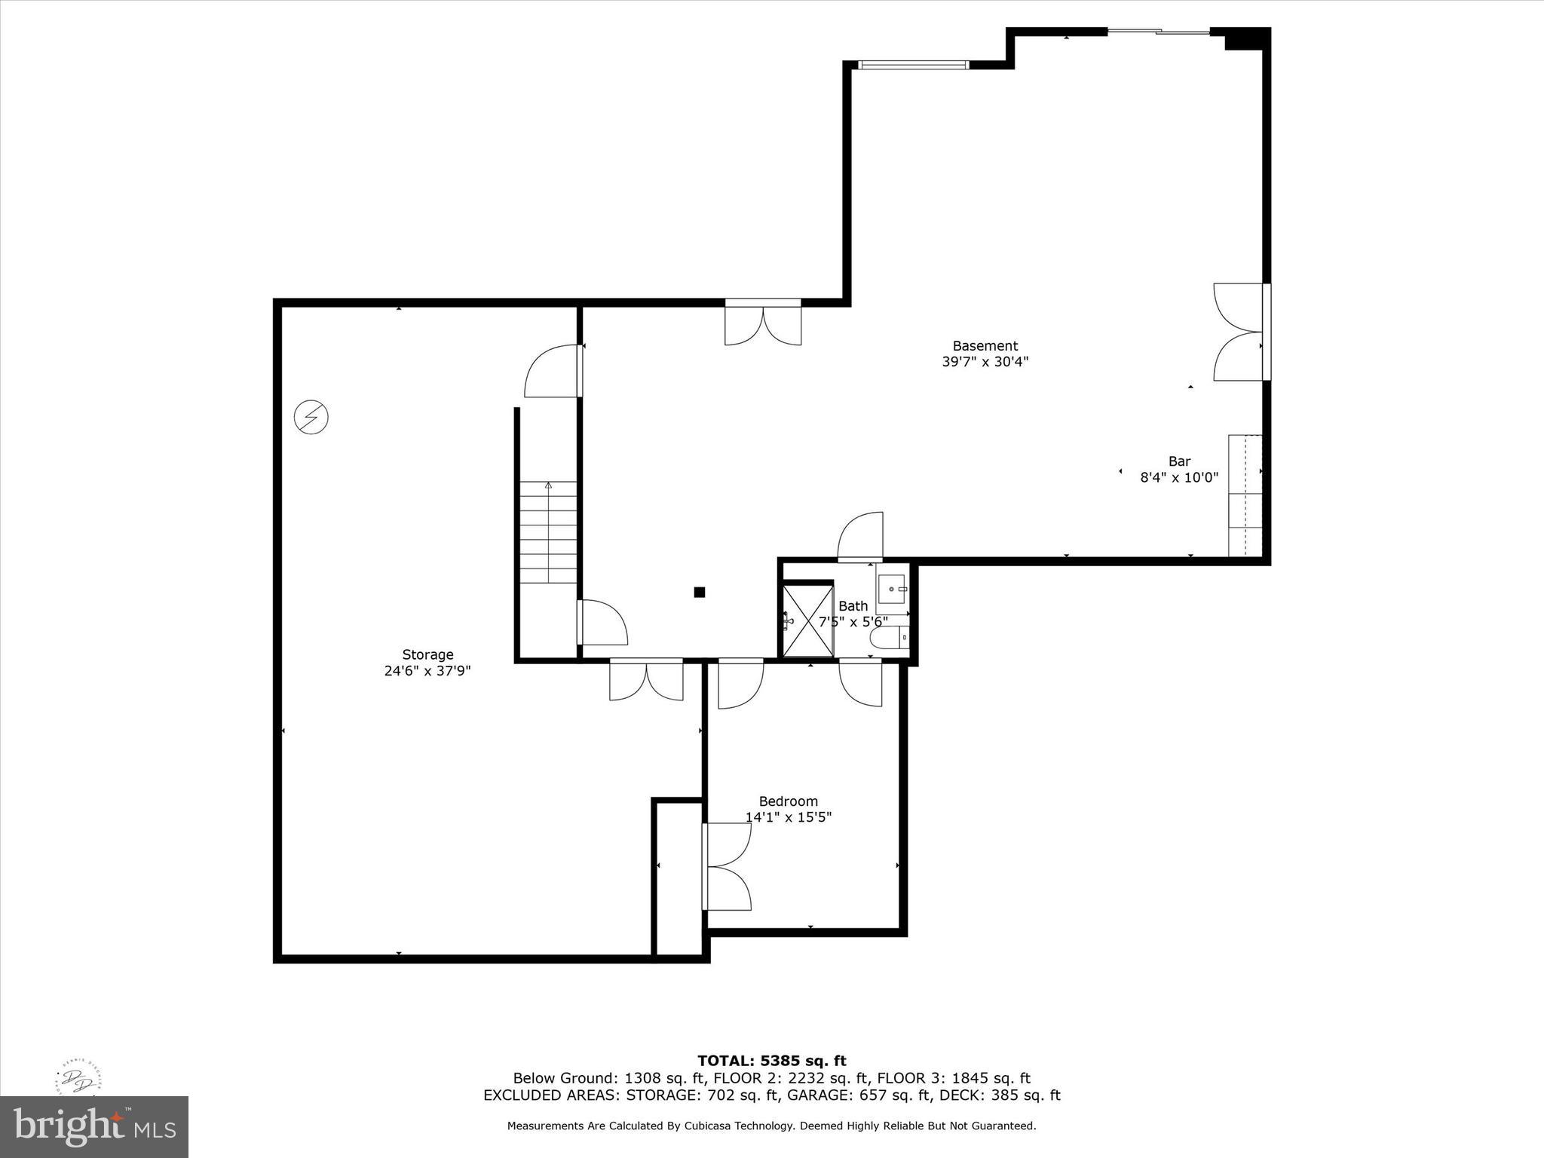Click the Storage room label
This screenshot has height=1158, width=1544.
(427, 654)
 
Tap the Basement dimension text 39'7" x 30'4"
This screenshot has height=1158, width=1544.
(985, 362)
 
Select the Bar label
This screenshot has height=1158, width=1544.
(1179, 461)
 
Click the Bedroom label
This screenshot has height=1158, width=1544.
(788, 801)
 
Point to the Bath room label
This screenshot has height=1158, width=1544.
(853, 606)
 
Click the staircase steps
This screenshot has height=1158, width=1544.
(548, 532)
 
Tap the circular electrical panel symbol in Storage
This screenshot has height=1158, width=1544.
(311, 416)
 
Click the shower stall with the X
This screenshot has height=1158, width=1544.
(807, 620)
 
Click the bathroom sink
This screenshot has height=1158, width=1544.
(892, 588)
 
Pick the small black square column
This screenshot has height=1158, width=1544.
(699, 593)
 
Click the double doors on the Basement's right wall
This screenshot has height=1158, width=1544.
(1239, 332)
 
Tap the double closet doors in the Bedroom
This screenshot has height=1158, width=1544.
(727, 866)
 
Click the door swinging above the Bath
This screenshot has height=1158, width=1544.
(861, 537)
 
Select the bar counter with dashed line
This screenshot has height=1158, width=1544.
(1245, 495)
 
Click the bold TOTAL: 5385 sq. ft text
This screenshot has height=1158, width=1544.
(771, 1061)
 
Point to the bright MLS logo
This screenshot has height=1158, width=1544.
(94, 1126)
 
